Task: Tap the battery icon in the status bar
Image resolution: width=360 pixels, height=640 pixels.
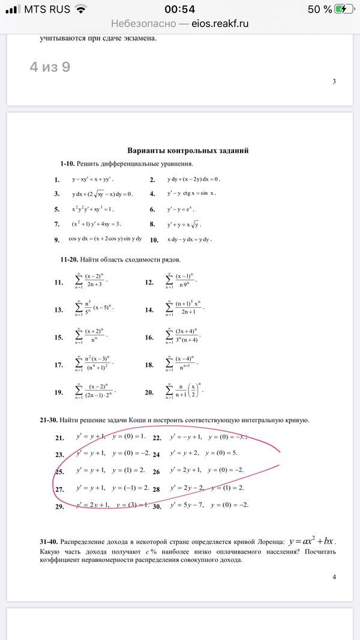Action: click(345, 9)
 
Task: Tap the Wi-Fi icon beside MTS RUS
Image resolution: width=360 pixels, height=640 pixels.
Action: click(81, 9)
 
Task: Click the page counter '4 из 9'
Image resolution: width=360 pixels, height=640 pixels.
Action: click(50, 67)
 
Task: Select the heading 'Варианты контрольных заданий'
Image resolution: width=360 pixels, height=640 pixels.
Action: click(188, 151)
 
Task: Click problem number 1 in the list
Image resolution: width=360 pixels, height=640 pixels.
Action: click(57, 179)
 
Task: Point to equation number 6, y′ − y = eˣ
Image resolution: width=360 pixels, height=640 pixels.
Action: click(181, 209)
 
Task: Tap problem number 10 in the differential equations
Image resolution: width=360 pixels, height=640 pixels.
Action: click(154, 240)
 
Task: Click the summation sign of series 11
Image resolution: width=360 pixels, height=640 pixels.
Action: click(79, 281)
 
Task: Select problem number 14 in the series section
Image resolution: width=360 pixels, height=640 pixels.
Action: click(149, 310)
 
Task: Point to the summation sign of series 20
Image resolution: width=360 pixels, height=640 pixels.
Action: click(169, 392)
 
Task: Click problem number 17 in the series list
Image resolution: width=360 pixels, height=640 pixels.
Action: click(59, 365)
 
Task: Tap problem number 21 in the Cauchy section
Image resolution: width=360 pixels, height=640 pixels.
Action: click(59, 438)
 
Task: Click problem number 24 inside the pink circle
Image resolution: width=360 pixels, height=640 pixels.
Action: click(157, 455)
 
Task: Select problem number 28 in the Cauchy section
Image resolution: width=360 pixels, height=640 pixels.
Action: click(157, 489)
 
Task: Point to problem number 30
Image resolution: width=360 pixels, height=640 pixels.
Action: click(157, 506)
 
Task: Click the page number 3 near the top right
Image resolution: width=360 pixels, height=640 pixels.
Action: click(334, 82)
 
